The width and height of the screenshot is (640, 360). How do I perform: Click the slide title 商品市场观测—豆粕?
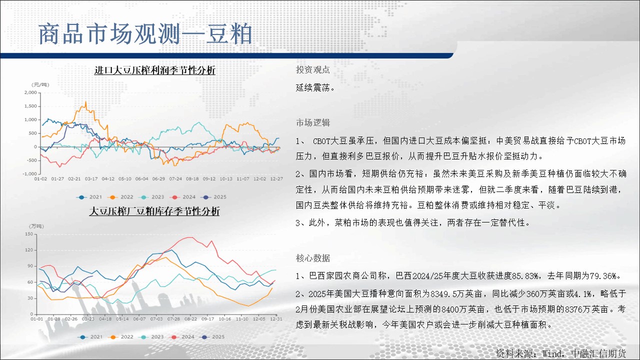click(145, 34)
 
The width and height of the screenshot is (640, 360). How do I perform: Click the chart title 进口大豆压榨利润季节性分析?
click(155, 70)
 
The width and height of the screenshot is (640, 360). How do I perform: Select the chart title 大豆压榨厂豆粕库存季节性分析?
click(154, 211)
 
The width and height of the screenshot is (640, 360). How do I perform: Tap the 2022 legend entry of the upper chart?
click(120, 197)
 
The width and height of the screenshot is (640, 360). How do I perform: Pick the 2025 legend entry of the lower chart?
click(213, 337)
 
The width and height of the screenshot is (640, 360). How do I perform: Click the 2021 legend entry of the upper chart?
click(89, 197)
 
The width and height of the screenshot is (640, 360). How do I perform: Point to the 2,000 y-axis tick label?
click(30, 92)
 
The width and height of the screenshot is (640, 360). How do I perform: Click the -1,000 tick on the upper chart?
click(30, 173)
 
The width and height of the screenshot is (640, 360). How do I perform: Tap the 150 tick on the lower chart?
click(29, 234)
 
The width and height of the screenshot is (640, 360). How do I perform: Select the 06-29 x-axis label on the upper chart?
click(158, 179)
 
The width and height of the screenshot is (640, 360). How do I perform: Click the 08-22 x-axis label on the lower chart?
click(190, 319)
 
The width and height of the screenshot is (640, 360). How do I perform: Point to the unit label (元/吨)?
click(40, 85)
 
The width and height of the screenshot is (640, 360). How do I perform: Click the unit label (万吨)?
click(36, 226)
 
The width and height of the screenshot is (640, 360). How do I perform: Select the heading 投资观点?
click(313, 69)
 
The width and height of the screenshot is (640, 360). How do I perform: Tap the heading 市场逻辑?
click(313, 122)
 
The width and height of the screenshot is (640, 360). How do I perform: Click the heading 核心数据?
click(313, 258)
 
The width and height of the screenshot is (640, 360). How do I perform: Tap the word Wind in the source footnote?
click(552, 354)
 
